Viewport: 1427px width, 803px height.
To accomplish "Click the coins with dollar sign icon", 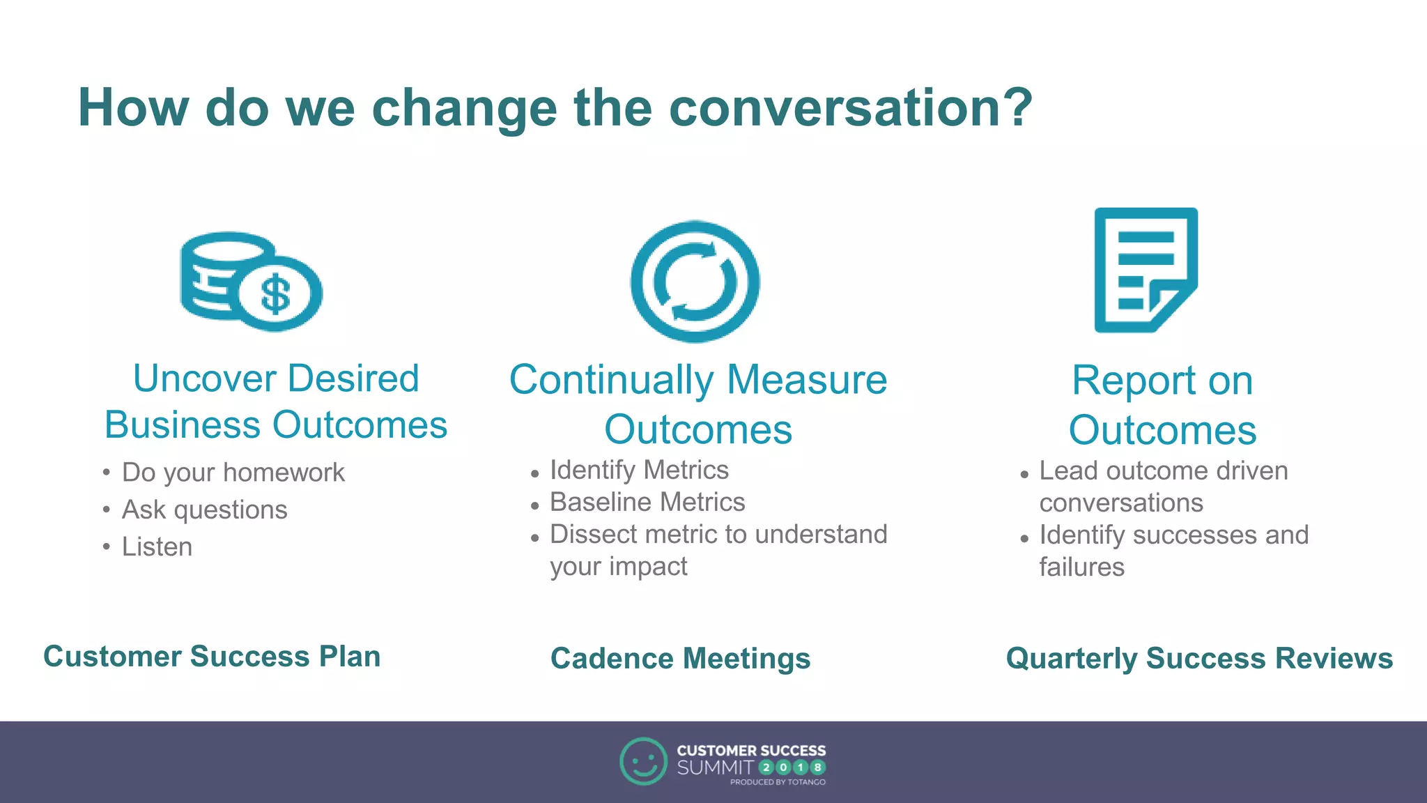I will (251, 281).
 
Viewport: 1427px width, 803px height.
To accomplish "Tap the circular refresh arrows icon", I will (695, 282).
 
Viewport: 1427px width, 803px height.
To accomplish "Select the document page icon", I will (1146, 270).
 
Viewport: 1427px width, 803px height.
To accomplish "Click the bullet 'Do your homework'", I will (233, 473).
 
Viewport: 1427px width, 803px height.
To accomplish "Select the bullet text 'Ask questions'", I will (204, 510).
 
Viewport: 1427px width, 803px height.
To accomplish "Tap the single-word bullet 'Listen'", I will (157, 546).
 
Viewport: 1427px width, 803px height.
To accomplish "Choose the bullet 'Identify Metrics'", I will (639, 470).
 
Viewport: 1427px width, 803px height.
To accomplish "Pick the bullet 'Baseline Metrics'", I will (647, 502).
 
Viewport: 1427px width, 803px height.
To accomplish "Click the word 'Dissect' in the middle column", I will (594, 534).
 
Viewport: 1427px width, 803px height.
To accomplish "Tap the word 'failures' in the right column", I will (1081, 567).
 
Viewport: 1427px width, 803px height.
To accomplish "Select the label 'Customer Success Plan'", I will (212, 657).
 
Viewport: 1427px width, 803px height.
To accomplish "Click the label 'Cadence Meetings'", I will (680, 659).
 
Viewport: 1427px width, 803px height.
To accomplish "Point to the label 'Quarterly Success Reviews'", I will (1199, 659).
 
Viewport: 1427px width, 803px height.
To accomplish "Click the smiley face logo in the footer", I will (642, 761).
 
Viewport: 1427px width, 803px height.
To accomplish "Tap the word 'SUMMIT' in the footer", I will (715, 768).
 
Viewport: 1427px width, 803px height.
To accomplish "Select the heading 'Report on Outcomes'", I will (1162, 405).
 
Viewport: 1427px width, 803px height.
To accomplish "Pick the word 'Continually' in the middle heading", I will (611, 381).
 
